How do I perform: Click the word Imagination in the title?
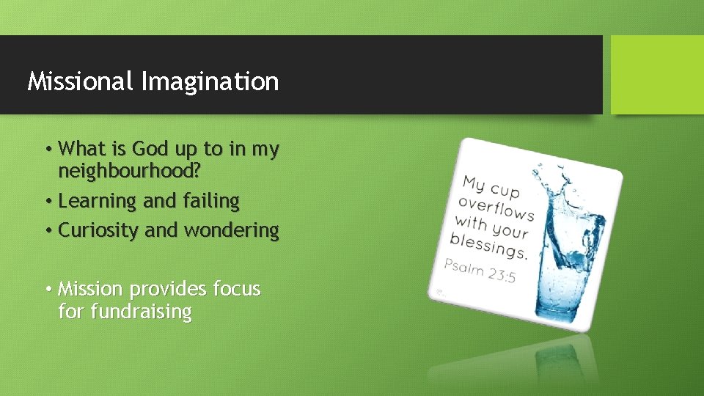(x=210, y=81)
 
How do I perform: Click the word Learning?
(x=98, y=201)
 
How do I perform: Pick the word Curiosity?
(x=99, y=230)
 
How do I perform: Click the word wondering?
(x=231, y=230)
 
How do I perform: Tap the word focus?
(x=236, y=289)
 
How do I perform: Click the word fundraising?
(x=140, y=312)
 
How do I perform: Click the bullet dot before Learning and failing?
(x=48, y=202)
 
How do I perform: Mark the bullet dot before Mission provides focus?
(x=48, y=290)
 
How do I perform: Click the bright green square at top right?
(x=657, y=75)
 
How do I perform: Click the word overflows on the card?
(x=496, y=208)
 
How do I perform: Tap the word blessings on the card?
(x=488, y=245)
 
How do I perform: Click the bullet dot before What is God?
(x=48, y=150)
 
